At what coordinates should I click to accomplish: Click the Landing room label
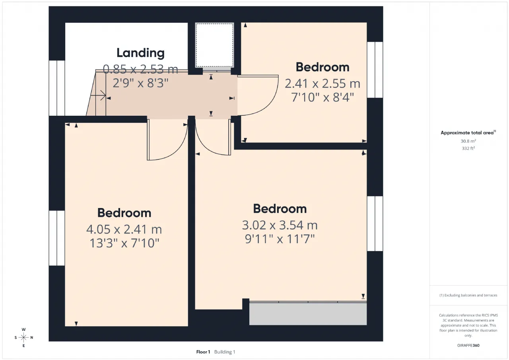pos(140,53)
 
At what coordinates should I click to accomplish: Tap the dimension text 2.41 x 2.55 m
pos(322,84)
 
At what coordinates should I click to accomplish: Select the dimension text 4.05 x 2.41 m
pos(124,229)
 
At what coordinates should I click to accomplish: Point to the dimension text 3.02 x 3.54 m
pos(280,225)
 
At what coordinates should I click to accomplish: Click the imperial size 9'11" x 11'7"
pos(280,239)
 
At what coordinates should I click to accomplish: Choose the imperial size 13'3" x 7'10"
pos(124,243)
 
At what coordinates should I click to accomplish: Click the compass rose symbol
pos(23,337)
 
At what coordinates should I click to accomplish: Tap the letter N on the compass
pos(31,337)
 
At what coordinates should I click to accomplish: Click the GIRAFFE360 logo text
pos(468,345)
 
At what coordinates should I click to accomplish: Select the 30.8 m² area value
pos(468,141)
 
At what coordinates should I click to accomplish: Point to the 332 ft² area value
pos(468,148)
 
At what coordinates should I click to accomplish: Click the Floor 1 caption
pos(203,352)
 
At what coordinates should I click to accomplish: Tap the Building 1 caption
pos(225,352)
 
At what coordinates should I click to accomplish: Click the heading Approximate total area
pos(467,133)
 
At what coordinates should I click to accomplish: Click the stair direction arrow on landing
pos(98,95)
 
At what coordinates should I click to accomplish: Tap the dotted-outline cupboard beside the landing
pos(214,45)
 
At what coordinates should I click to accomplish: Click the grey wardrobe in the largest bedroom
pos(308,313)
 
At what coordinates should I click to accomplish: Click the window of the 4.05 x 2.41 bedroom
pos(57,238)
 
